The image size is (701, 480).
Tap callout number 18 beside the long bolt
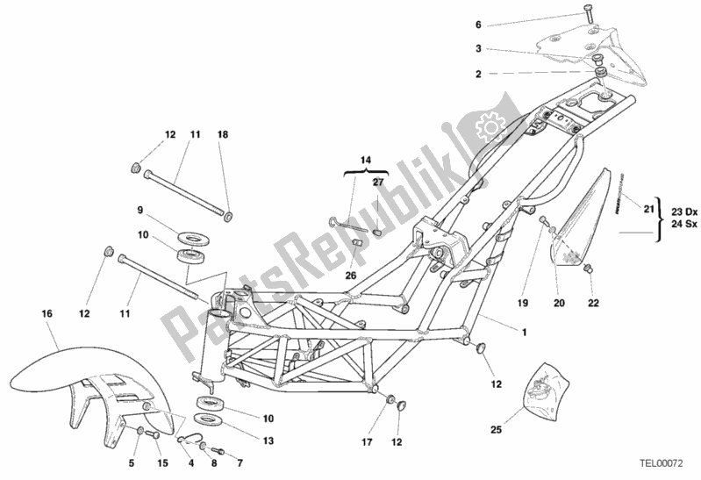pyautogui.click(x=223, y=134)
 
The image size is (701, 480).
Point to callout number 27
pyautogui.click(x=379, y=182)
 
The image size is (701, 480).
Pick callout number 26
pyautogui.click(x=350, y=275)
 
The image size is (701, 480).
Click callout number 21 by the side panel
pyautogui.click(x=648, y=208)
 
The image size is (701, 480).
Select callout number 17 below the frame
pyautogui.click(x=368, y=441)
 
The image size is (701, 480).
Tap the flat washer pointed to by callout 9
pyautogui.click(x=190, y=237)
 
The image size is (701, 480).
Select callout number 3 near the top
pyautogui.click(x=503, y=49)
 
